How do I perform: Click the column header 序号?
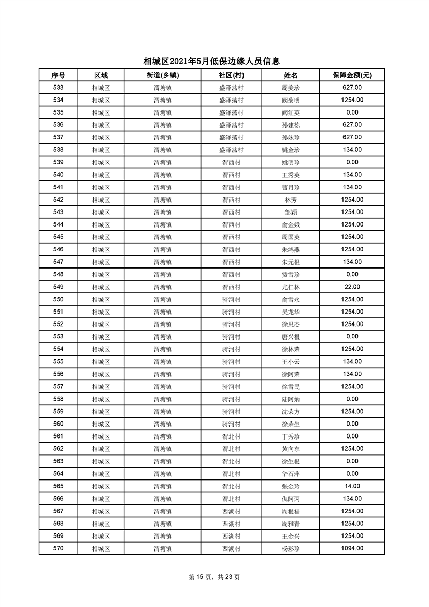click(58, 75)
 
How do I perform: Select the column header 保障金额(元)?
click(352, 75)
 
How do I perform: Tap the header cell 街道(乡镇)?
click(162, 75)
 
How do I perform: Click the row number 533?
click(58, 88)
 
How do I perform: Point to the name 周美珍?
click(290, 88)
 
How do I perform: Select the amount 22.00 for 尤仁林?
click(352, 287)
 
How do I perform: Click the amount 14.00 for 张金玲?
click(352, 486)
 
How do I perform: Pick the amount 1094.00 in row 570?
click(352, 548)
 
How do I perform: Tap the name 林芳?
click(290, 200)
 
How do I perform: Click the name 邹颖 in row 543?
click(290, 212)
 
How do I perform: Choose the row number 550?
click(58, 299)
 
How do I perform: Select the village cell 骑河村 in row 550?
click(231, 299)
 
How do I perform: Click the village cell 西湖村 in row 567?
click(231, 511)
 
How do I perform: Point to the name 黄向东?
click(290, 448)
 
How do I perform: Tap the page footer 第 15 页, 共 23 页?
click(214, 577)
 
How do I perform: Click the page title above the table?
click(214, 61)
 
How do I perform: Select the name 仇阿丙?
click(290, 498)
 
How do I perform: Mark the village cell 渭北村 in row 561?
click(231, 436)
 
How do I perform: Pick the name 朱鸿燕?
click(290, 249)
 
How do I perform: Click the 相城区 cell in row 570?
click(101, 548)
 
